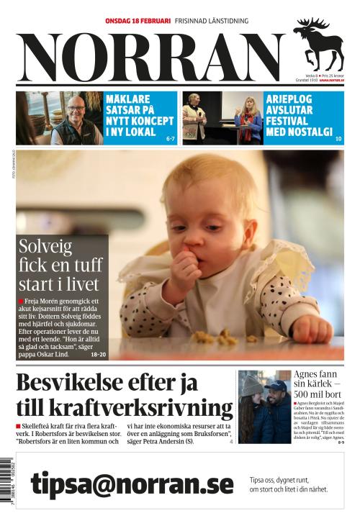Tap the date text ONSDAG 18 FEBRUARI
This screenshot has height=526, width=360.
click(138, 21)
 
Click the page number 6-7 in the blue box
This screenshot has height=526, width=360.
click(170, 137)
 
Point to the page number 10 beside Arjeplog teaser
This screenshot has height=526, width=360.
click(338, 137)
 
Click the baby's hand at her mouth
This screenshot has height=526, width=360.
click(186, 270)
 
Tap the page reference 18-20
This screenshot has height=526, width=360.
click(98, 355)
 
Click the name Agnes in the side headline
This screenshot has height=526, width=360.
click(307, 375)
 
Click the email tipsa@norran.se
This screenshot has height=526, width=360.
click(132, 484)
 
